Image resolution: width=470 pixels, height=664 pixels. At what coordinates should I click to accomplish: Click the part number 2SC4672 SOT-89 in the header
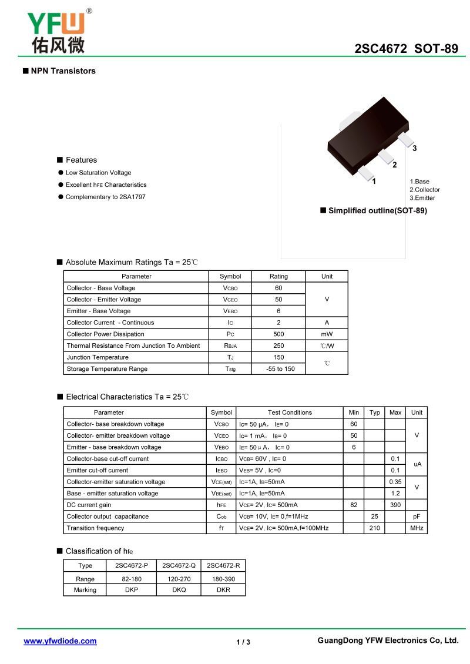[x=406, y=49]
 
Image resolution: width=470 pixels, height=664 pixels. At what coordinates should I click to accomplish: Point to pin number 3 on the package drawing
[x=414, y=149]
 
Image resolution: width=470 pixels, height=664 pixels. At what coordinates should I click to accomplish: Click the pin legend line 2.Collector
[x=424, y=190]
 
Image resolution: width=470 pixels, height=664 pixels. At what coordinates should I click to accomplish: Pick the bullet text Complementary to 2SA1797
[x=105, y=197]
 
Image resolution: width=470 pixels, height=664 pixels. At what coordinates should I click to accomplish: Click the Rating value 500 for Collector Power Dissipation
[x=278, y=334]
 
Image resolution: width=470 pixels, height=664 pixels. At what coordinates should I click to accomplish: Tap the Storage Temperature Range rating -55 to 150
[x=278, y=369]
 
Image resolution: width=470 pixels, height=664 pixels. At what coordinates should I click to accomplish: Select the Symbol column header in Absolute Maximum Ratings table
[x=230, y=276]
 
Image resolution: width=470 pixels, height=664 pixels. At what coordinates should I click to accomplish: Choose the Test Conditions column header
[x=290, y=413]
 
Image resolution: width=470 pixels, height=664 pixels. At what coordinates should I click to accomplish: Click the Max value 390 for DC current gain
[x=395, y=505]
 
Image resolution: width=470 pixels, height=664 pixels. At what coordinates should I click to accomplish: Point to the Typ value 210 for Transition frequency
[x=374, y=528]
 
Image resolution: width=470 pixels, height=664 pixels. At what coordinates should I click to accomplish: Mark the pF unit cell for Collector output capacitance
[x=417, y=517]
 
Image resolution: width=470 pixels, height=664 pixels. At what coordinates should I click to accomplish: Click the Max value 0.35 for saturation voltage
[x=395, y=482]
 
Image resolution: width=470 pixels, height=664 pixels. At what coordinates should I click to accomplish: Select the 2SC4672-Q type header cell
[x=179, y=565]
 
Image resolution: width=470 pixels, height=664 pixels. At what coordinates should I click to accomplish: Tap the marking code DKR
[x=223, y=590]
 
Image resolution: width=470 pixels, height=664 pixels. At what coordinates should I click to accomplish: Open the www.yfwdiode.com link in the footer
[x=60, y=641]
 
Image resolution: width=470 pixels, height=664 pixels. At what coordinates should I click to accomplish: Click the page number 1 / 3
[x=243, y=642]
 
